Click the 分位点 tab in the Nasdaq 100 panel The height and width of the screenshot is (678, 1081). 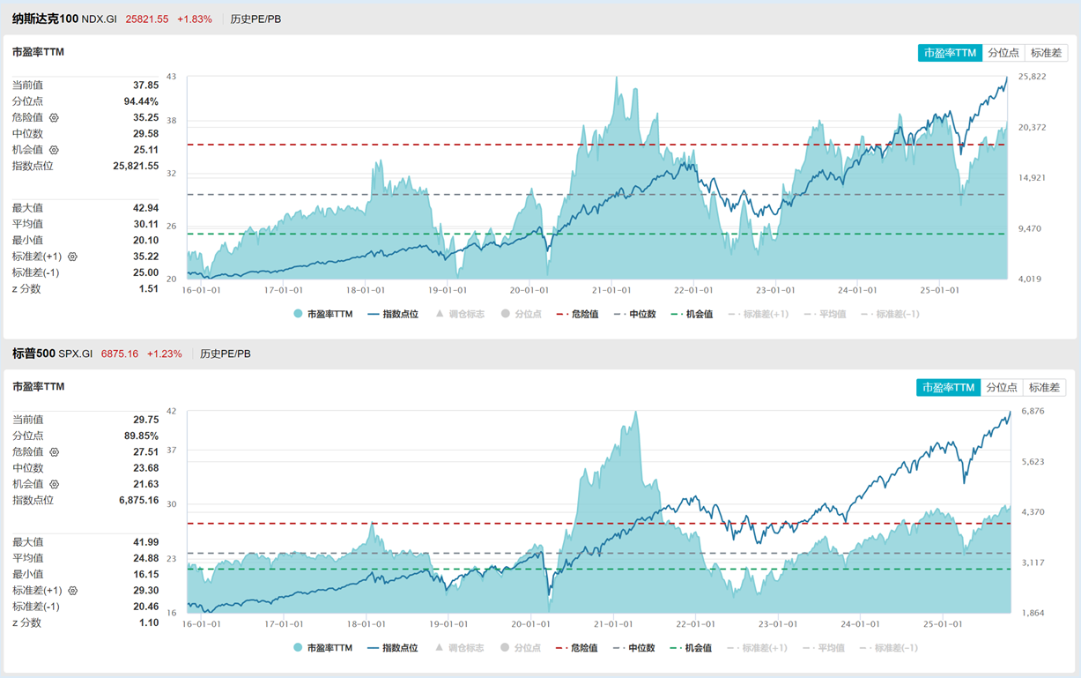(x=1003, y=53)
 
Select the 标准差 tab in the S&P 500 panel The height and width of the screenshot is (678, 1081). (x=1046, y=387)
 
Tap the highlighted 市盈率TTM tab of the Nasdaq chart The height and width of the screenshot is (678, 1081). (x=950, y=53)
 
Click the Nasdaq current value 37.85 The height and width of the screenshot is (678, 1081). (x=146, y=86)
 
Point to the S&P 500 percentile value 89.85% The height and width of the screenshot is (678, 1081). (x=141, y=436)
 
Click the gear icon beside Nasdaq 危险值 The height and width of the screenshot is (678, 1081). (x=54, y=118)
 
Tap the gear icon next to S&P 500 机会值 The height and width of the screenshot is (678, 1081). (x=54, y=485)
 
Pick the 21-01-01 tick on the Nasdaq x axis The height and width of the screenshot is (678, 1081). (x=611, y=290)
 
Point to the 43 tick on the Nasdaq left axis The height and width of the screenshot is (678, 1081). (x=171, y=77)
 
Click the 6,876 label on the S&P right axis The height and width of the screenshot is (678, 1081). (x=1032, y=411)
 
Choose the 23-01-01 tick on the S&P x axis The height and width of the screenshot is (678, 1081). (x=775, y=624)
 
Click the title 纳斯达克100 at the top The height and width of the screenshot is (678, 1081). (x=45, y=19)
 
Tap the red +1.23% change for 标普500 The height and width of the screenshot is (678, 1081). (x=165, y=354)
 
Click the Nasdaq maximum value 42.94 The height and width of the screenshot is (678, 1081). (x=146, y=208)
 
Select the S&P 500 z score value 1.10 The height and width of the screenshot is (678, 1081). (x=149, y=622)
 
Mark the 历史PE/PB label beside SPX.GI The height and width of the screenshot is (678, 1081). (x=225, y=354)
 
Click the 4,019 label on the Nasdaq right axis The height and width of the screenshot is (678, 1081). (x=1032, y=279)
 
